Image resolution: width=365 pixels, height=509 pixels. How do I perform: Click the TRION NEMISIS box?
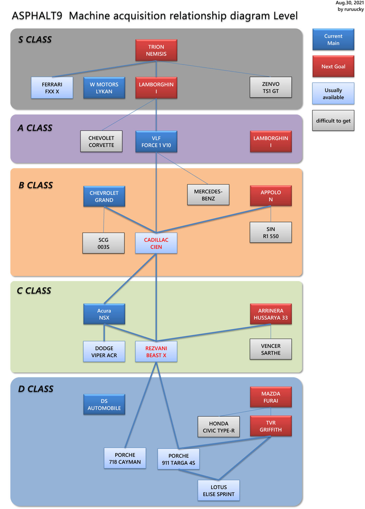pos(156,50)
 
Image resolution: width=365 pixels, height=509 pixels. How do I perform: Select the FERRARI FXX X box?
pos(52,87)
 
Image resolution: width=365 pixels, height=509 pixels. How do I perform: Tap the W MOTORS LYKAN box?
pos(104,87)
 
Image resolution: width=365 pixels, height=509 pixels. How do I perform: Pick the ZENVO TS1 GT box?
pos(271,87)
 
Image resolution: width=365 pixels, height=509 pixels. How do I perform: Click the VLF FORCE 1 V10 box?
pos(156,142)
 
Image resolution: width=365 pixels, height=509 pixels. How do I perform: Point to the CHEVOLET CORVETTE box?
pos(101,142)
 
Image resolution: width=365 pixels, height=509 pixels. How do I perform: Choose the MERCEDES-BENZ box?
pos(208,195)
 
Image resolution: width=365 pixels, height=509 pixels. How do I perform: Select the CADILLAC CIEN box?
pos(156,243)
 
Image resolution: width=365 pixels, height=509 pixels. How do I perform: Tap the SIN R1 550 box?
pos(271,232)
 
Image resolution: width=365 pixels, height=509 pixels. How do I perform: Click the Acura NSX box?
pos(104,314)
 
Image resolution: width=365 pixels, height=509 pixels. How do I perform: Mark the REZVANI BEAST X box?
pos(156,352)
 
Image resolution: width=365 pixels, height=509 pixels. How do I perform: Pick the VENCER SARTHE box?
pos(271,349)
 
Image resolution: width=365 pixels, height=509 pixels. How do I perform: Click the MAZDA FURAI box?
pos(271,397)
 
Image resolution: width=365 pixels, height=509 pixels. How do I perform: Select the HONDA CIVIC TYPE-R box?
pos(218,427)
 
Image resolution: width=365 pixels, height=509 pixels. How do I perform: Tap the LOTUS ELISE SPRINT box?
pos(218,490)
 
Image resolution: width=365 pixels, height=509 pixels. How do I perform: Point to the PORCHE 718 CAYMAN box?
pos(125,458)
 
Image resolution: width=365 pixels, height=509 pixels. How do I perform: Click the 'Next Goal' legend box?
pos(333,66)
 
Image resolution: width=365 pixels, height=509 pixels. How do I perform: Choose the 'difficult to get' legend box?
pos(333,120)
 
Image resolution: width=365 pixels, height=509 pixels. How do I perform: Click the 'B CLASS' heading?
pos(36,185)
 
